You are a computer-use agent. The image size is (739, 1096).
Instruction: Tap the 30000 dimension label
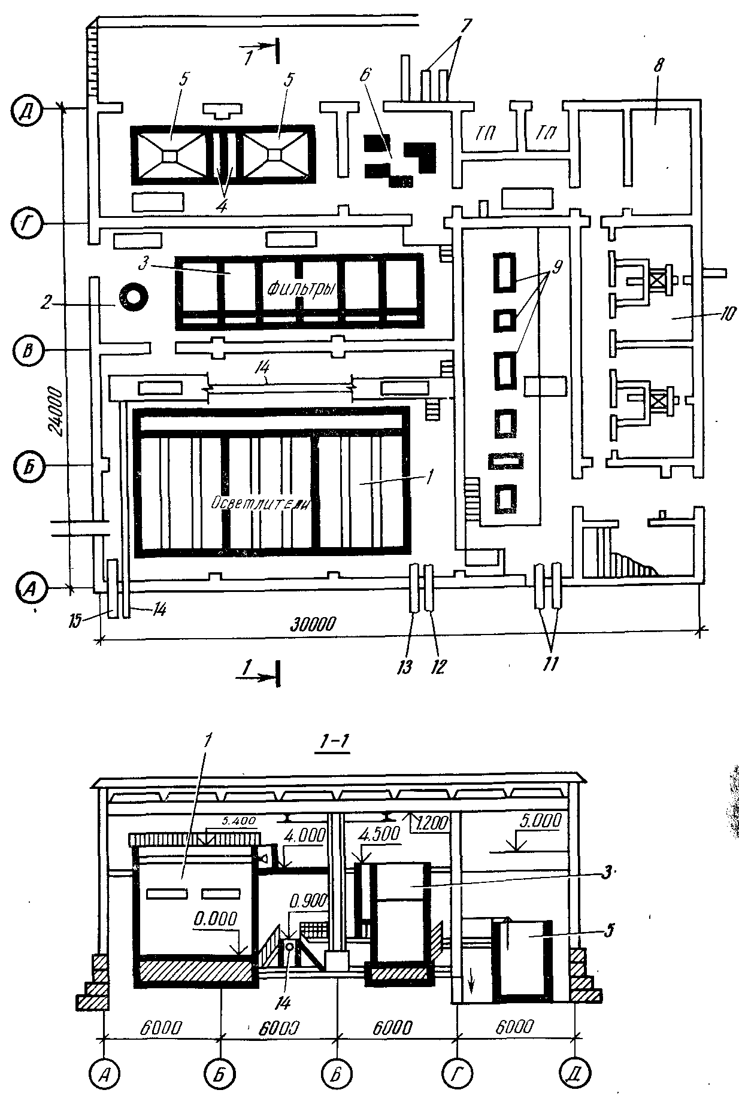314,623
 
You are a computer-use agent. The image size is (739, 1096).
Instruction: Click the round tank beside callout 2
133,296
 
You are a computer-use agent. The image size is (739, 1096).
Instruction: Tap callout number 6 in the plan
365,74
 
